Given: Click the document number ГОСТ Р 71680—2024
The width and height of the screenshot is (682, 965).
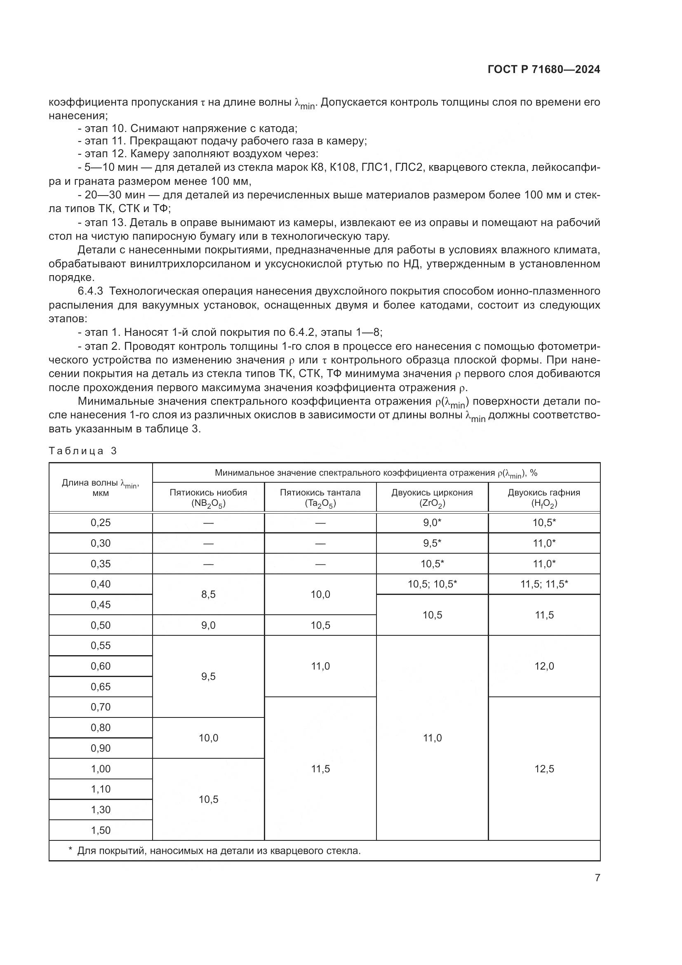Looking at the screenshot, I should tap(544, 70).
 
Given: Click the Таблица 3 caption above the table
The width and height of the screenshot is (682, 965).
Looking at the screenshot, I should tap(83, 451).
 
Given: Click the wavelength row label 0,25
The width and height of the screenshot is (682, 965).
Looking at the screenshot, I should tap(100, 522).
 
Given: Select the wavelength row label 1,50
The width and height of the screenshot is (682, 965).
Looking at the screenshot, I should tap(100, 830).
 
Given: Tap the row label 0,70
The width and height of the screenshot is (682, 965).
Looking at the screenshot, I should tap(100, 707).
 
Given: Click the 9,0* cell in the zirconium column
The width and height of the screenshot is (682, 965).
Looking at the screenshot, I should tap(432, 522).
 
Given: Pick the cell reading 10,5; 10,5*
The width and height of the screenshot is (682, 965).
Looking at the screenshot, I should tap(432, 584).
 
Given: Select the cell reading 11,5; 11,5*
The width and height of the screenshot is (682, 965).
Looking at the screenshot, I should tap(544, 584).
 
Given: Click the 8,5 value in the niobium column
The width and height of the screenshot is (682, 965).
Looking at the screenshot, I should tap(208, 594).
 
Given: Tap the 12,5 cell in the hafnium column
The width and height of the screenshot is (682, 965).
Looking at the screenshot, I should tap(544, 769).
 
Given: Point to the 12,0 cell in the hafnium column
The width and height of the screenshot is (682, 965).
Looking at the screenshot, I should tap(544, 666).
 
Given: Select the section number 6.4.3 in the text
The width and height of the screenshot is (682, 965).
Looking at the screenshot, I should tap(90, 291).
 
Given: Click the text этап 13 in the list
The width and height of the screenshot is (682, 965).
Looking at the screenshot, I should tap(104, 223).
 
